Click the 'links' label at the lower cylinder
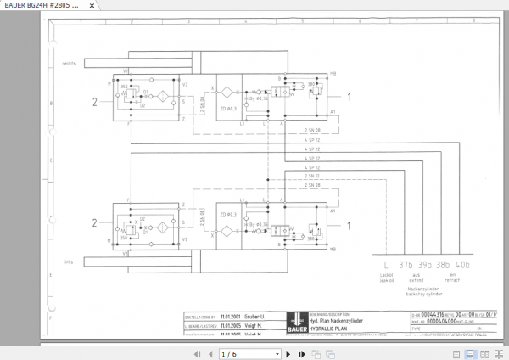(x=69, y=262)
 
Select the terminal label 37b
(x=406, y=264)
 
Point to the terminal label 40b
(x=461, y=264)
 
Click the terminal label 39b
(x=424, y=264)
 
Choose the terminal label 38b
(x=443, y=264)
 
